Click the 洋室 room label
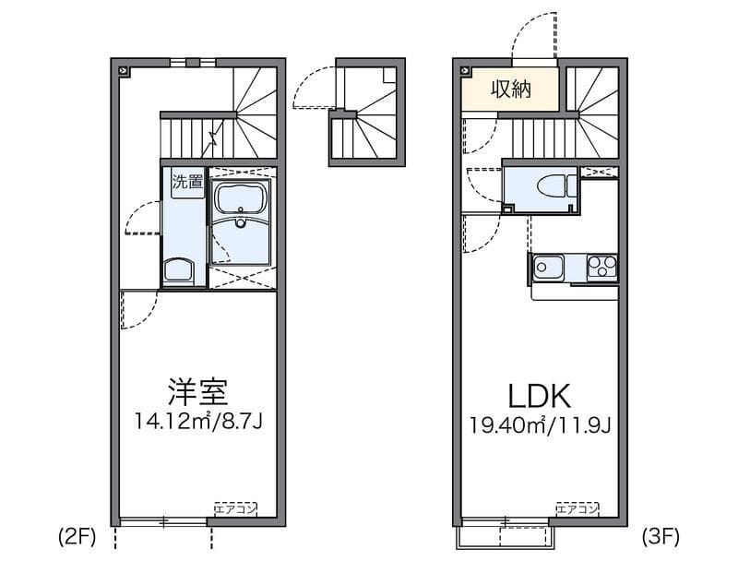tap(197, 392)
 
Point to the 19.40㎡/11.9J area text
tap(540, 425)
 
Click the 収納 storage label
tap(508, 90)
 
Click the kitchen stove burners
tap(601, 268)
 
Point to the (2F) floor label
tap(77, 535)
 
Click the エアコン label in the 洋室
tap(235, 507)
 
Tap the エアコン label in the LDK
tap(577, 507)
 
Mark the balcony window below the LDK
tap(505, 535)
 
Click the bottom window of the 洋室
tap(162, 521)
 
